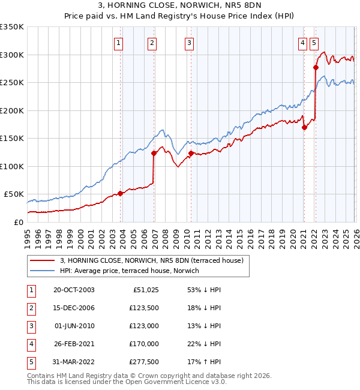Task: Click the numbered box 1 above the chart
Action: pyautogui.click(x=119, y=43)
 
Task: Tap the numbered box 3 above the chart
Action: pyautogui.click(x=189, y=43)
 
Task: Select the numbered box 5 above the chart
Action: pyautogui.click(x=315, y=43)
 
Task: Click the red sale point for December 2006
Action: pyautogui.click(x=154, y=153)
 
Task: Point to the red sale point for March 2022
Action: pyautogui.click(x=316, y=68)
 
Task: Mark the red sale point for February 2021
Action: pyautogui.click(x=304, y=127)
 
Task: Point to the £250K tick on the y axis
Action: pyautogui.click(x=12, y=83)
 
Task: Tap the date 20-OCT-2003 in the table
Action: pyautogui.click(x=74, y=290)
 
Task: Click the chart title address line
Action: pyautogui.click(x=180, y=7)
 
